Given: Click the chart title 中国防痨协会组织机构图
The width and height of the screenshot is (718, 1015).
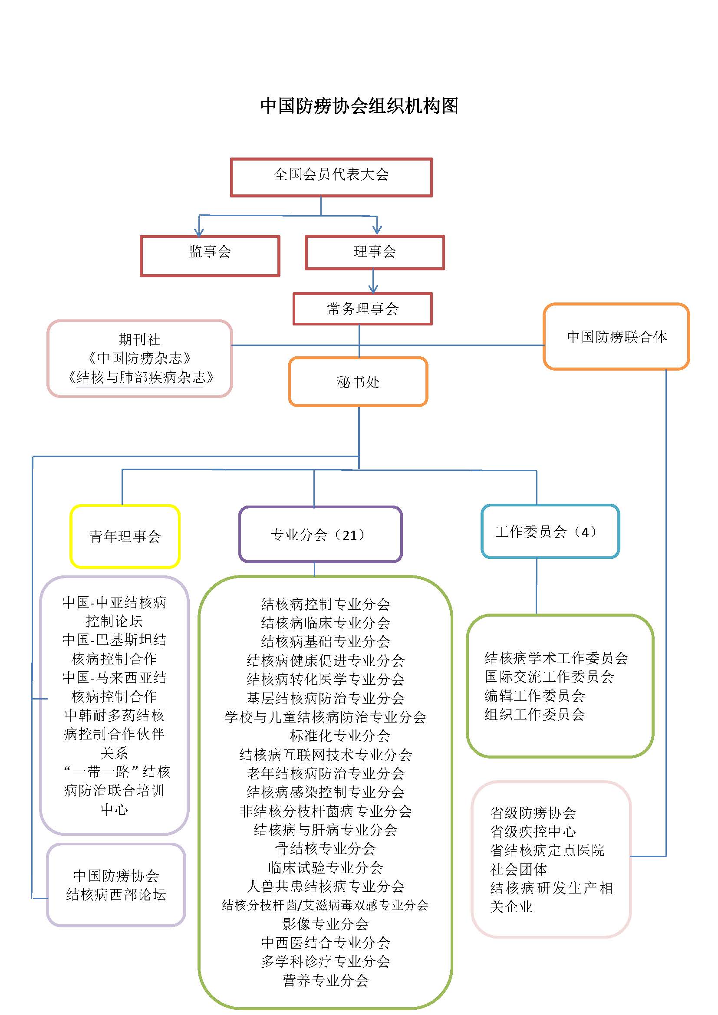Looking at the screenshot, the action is (359, 106).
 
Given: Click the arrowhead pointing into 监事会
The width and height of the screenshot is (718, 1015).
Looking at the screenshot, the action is (199, 232).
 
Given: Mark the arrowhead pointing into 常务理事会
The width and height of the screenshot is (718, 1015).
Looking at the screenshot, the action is (373, 289).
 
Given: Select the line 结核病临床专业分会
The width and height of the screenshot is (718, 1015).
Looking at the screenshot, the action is (326, 623).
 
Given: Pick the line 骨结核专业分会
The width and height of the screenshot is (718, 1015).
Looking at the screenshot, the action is (326, 848).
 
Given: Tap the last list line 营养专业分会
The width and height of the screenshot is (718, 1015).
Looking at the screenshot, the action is (326, 980).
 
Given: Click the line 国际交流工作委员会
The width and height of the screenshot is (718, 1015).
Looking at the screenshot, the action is (549, 677).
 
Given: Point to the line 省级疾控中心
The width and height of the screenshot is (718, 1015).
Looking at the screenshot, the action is (533, 831).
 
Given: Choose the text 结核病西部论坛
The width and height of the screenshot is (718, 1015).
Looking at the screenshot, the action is (116, 894).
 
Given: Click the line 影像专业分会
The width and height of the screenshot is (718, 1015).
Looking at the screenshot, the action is (326, 923).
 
